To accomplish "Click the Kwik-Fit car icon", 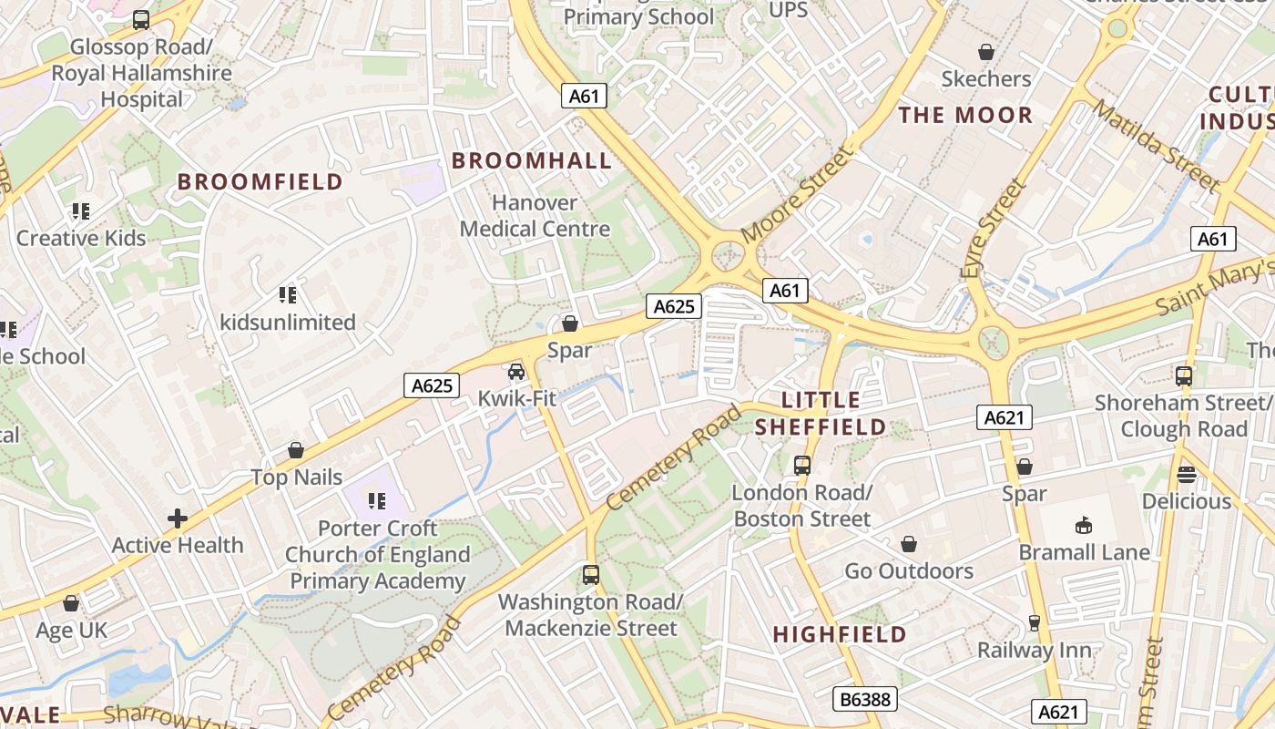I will [x=516, y=372].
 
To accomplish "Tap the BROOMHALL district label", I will [x=532, y=161].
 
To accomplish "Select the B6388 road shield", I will [x=865, y=699].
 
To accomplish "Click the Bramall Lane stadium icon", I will [x=1084, y=526].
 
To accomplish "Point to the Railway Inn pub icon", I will [x=1034, y=623].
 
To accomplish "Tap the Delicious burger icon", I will [x=1186, y=475].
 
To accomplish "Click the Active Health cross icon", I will [x=178, y=519].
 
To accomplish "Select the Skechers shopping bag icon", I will [x=985, y=52].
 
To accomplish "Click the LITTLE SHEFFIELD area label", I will [x=821, y=414].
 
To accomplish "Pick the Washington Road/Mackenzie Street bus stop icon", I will [x=591, y=575].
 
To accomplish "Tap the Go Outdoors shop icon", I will [x=908, y=545].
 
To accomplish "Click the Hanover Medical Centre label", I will [x=535, y=216].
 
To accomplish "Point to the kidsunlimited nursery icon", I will [x=288, y=295].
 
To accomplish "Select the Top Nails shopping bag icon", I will [x=296, y=450].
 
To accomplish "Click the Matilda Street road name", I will [x=1156, y=146].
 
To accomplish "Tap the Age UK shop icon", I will [x=71, y=603].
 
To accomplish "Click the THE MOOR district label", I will [x=965, y=116].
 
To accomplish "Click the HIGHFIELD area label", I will [x=840, y=635].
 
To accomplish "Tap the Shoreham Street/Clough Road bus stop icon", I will [x=1183, y=375].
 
